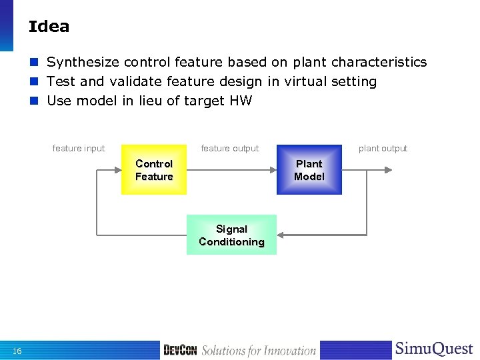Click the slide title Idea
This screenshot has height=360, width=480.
(49, 27)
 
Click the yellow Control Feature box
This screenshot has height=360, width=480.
(154, 170)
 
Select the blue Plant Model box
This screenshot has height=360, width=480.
(309, 170)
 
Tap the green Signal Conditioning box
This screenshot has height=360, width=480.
(231, 235)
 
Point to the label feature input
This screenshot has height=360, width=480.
(79, 148)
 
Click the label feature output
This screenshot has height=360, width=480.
(230, 148)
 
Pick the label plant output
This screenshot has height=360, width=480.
(383, 148)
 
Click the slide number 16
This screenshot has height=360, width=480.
(17, 351)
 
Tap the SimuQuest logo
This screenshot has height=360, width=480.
(434, 349)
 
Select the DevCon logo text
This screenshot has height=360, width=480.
(180, 350)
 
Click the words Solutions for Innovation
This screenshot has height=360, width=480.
(259, 351)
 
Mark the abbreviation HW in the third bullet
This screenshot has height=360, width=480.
(241, 101)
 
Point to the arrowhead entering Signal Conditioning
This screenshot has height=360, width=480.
(281, 235)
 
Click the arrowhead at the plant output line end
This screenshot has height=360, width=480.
(389, 170)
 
